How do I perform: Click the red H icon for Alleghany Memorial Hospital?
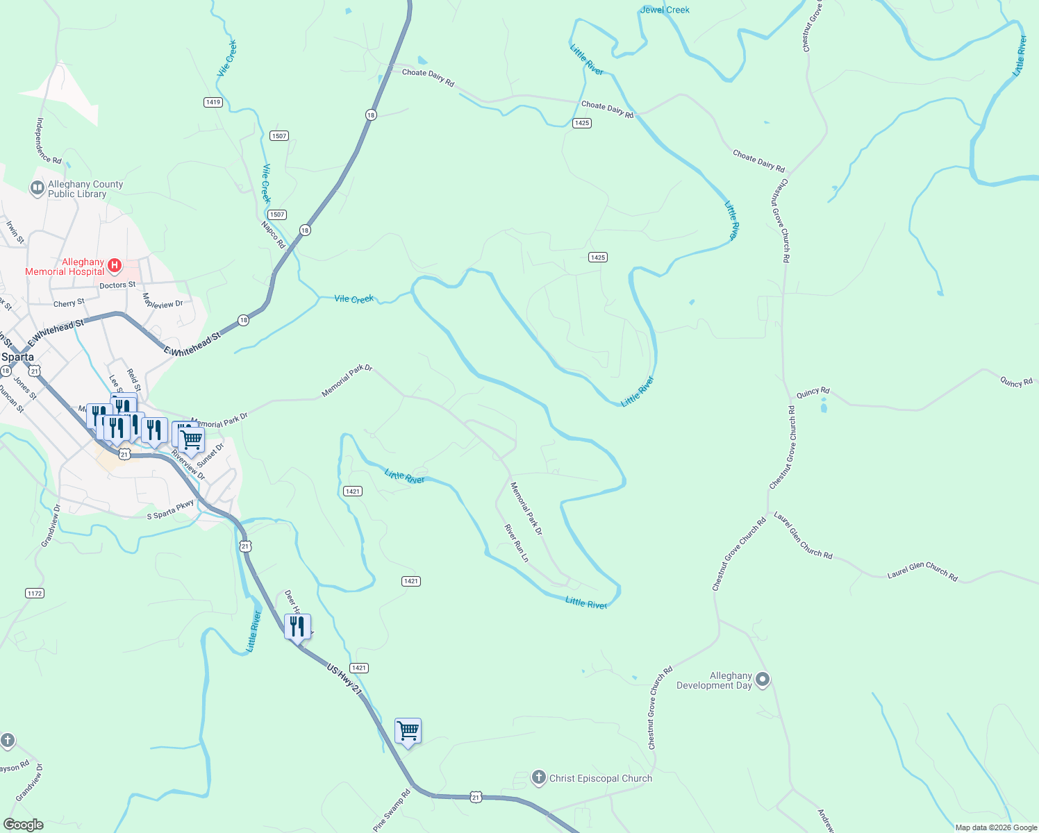115,266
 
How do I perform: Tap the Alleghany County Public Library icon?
37,188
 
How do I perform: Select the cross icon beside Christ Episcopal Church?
539,777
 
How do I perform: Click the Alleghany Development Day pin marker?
763,680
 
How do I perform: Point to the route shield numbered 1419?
213,102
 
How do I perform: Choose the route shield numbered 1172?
35,593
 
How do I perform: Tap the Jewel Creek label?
665,10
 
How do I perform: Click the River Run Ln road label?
516,543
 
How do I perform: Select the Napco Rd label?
274,235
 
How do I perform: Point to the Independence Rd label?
49,141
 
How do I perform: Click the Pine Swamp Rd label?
392,809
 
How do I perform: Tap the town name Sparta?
17,357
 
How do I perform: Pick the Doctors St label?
117,285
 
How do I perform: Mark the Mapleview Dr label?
163,301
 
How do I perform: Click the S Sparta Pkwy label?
170,510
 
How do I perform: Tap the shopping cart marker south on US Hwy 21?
408,731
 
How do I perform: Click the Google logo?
23,825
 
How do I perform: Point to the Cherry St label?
69,303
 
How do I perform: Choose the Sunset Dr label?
210,455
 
